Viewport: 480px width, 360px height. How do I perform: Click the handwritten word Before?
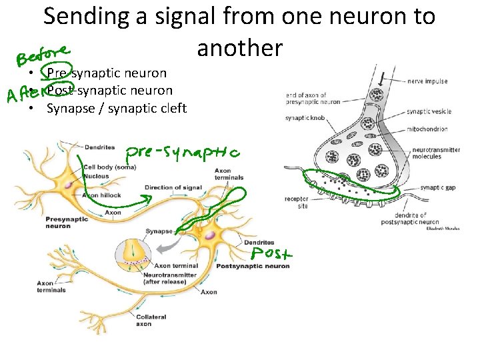(44, 52)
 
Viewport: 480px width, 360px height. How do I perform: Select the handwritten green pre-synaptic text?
(183, 154)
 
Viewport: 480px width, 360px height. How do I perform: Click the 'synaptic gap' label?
(442, 188)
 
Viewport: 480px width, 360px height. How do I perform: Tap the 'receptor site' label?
(296, 202)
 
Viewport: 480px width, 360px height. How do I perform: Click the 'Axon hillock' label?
(101, 195)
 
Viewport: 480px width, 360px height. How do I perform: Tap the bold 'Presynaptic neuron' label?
(58, 223)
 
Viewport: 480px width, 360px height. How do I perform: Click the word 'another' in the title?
(239, 48)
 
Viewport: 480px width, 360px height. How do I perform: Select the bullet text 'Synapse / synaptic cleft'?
(116, 108)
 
